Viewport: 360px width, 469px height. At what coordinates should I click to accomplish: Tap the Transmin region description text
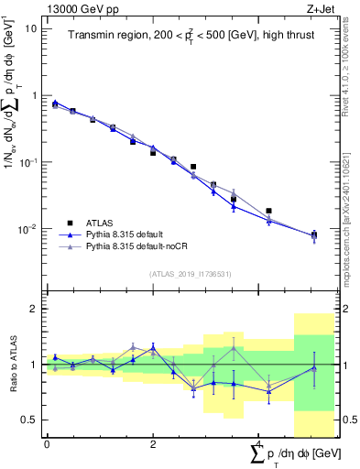pyautogui.click(x=183, y=37)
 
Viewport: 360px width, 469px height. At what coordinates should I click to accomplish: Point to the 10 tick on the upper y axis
pyautogui.click(x=30, y=28)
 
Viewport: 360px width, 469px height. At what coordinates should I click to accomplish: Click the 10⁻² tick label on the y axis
pyautogui.click(x=27, y=229)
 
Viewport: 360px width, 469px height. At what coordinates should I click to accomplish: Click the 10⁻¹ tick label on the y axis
pyautogui.click(x=27, y=162)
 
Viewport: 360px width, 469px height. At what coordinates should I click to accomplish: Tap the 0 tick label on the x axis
pyautogui.click(x=46, y=444)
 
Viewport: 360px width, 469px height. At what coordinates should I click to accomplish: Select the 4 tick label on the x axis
pyautogui.click(x=258, y=444)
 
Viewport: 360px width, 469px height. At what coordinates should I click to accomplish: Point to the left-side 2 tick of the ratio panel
pyautogui.click(x=33, y=309)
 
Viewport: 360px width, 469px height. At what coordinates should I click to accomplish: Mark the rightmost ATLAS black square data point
pyautogui.click(x=314, y=234)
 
